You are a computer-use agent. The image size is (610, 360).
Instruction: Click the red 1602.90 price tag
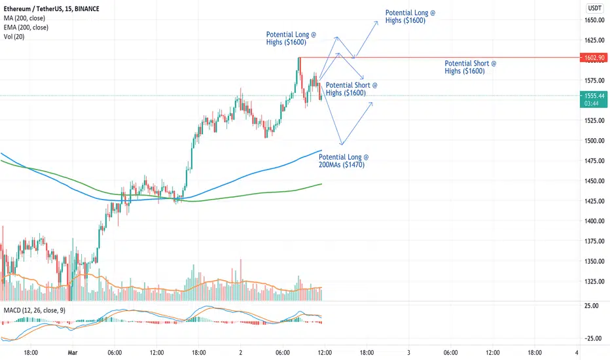[x=593, y=58]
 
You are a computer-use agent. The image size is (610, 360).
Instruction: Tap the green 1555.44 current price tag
[x=593, y=99]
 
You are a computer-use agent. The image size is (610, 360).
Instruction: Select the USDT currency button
[x=594, y=8]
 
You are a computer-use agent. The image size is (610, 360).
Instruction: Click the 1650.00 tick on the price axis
[x=594, y=20]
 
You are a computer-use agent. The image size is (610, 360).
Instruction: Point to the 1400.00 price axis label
[x=594, y=221]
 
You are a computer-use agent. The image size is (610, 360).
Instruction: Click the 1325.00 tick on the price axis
[x=594, y=281]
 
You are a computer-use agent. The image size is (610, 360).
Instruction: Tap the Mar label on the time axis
[x=73, y=353]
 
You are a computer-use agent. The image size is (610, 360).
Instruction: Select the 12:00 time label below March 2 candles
[x=325, y=353]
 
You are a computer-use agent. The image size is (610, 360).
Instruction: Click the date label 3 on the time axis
[x=408, y=353]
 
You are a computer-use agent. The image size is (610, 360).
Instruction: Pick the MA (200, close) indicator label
[x=24, y=18]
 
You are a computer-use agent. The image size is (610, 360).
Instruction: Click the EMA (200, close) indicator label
[x=26, y=27]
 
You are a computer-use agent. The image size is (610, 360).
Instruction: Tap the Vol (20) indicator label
[x=14, y=37]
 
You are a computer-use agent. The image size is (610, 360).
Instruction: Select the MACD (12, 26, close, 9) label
[x=35, y=310]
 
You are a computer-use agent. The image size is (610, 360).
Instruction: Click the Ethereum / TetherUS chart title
[x=51, y=9]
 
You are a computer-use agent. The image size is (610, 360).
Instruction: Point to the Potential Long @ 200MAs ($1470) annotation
[x=344, y=161]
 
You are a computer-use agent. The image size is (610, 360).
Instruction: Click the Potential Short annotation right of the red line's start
[x=471, y=67]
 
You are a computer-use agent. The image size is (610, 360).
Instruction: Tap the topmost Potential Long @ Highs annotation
[x=410, y=16]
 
